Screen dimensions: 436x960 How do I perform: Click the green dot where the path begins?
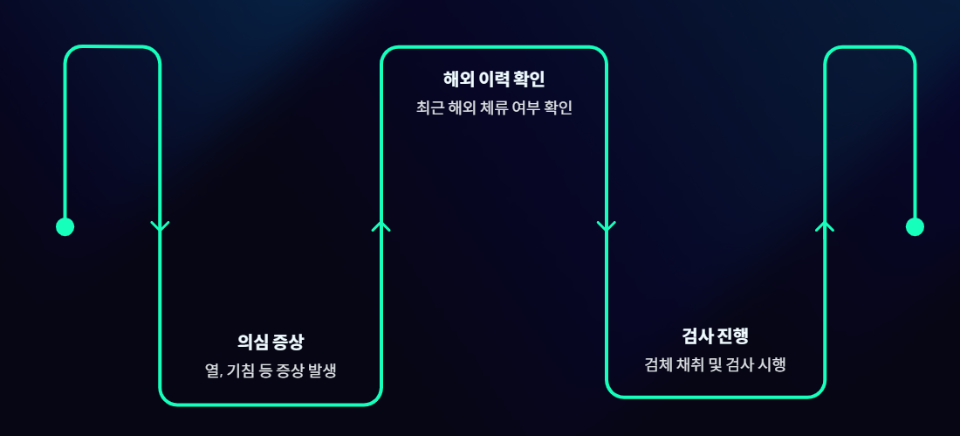(x=65, y=227)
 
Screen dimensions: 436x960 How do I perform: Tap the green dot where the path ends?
(x=915, y=227)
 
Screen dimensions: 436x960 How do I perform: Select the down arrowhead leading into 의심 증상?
(x=160, y=227)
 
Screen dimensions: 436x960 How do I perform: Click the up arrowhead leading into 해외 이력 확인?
(x=381, y=226)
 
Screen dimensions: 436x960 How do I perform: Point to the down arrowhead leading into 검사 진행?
(x=607, y=227)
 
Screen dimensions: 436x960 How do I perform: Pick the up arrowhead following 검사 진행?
(x=825, y=226)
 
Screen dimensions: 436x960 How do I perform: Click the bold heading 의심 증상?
(x=271, y=342)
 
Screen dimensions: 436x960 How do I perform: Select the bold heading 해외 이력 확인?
(x=494, y=80)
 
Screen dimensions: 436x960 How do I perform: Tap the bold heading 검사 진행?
(x=716, y=336)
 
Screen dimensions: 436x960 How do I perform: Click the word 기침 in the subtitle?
(x=241, y=370)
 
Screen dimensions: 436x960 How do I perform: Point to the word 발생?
(x=321, y=370)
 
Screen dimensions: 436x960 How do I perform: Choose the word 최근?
(x=429, y=108)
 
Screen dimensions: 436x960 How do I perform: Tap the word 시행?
(x=772, y=364)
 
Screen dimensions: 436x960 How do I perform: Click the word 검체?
(x=659, y=364)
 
